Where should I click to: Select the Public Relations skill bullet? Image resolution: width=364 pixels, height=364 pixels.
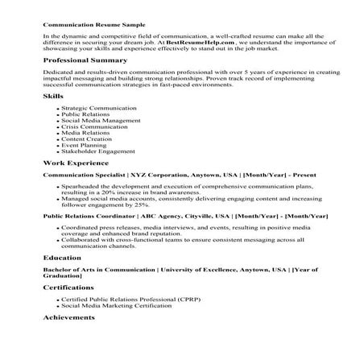[x=85, y=114]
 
